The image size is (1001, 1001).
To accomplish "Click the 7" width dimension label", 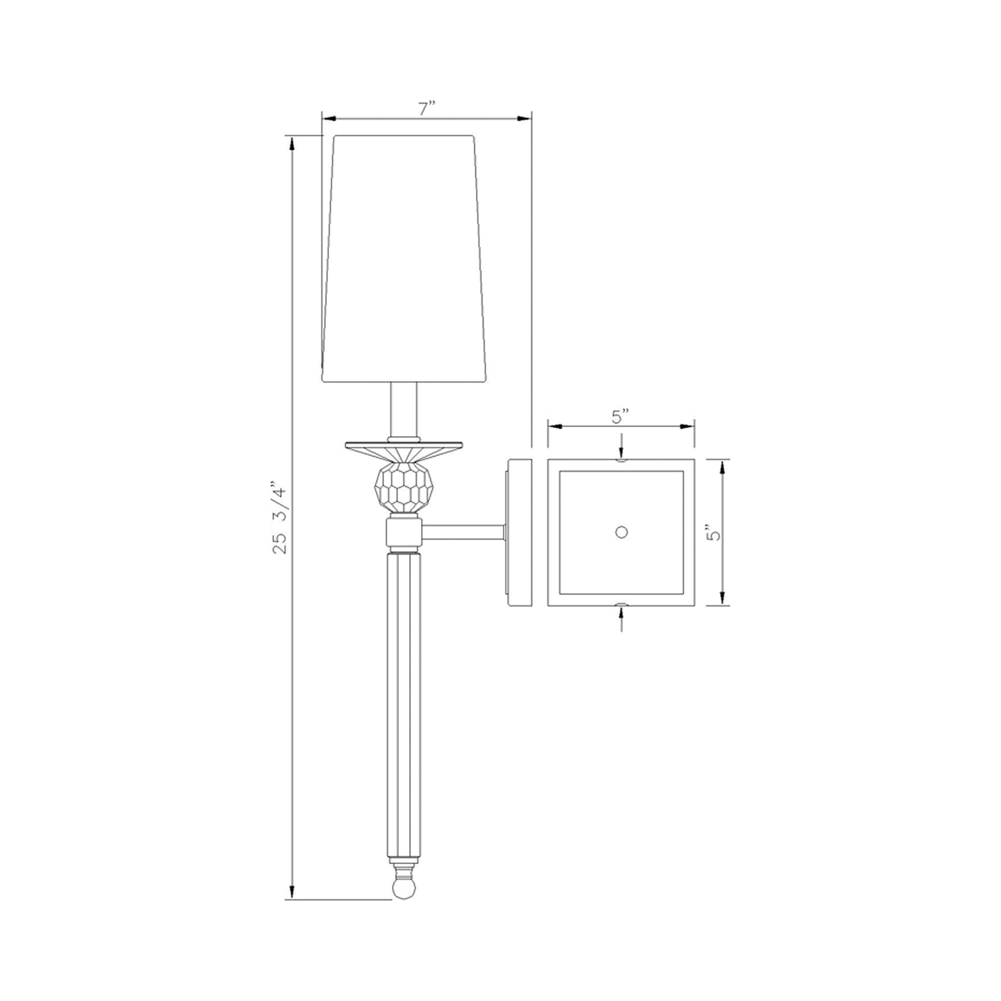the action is point(427,110).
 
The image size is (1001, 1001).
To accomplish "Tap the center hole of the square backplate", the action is point(621,531).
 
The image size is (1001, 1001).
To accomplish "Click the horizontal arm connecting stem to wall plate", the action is point(462,532).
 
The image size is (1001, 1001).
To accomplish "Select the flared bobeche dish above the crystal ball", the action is point(404,452).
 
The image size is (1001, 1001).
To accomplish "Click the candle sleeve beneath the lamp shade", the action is point(404,410).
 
